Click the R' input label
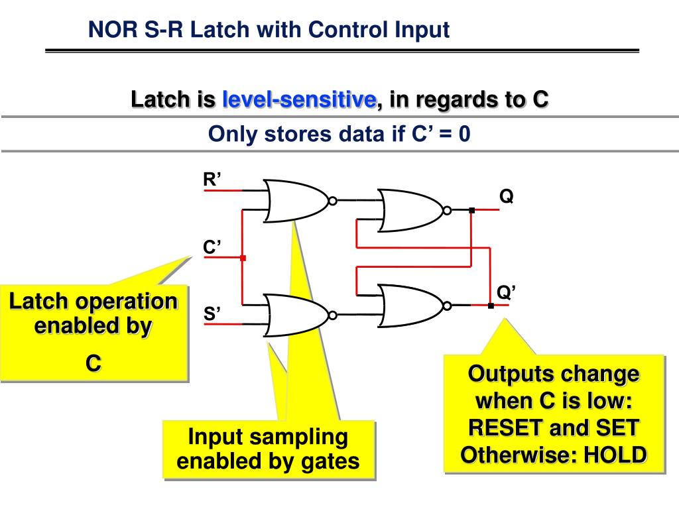(212, 179)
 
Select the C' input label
(212, 247)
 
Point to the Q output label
(506, 197)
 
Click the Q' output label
(507, 292)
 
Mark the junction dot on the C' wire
(243, 258)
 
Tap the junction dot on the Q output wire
(471, 211)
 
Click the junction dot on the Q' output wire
(491, 306)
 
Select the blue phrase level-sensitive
(299, 100)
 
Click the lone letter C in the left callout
(93, 363)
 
